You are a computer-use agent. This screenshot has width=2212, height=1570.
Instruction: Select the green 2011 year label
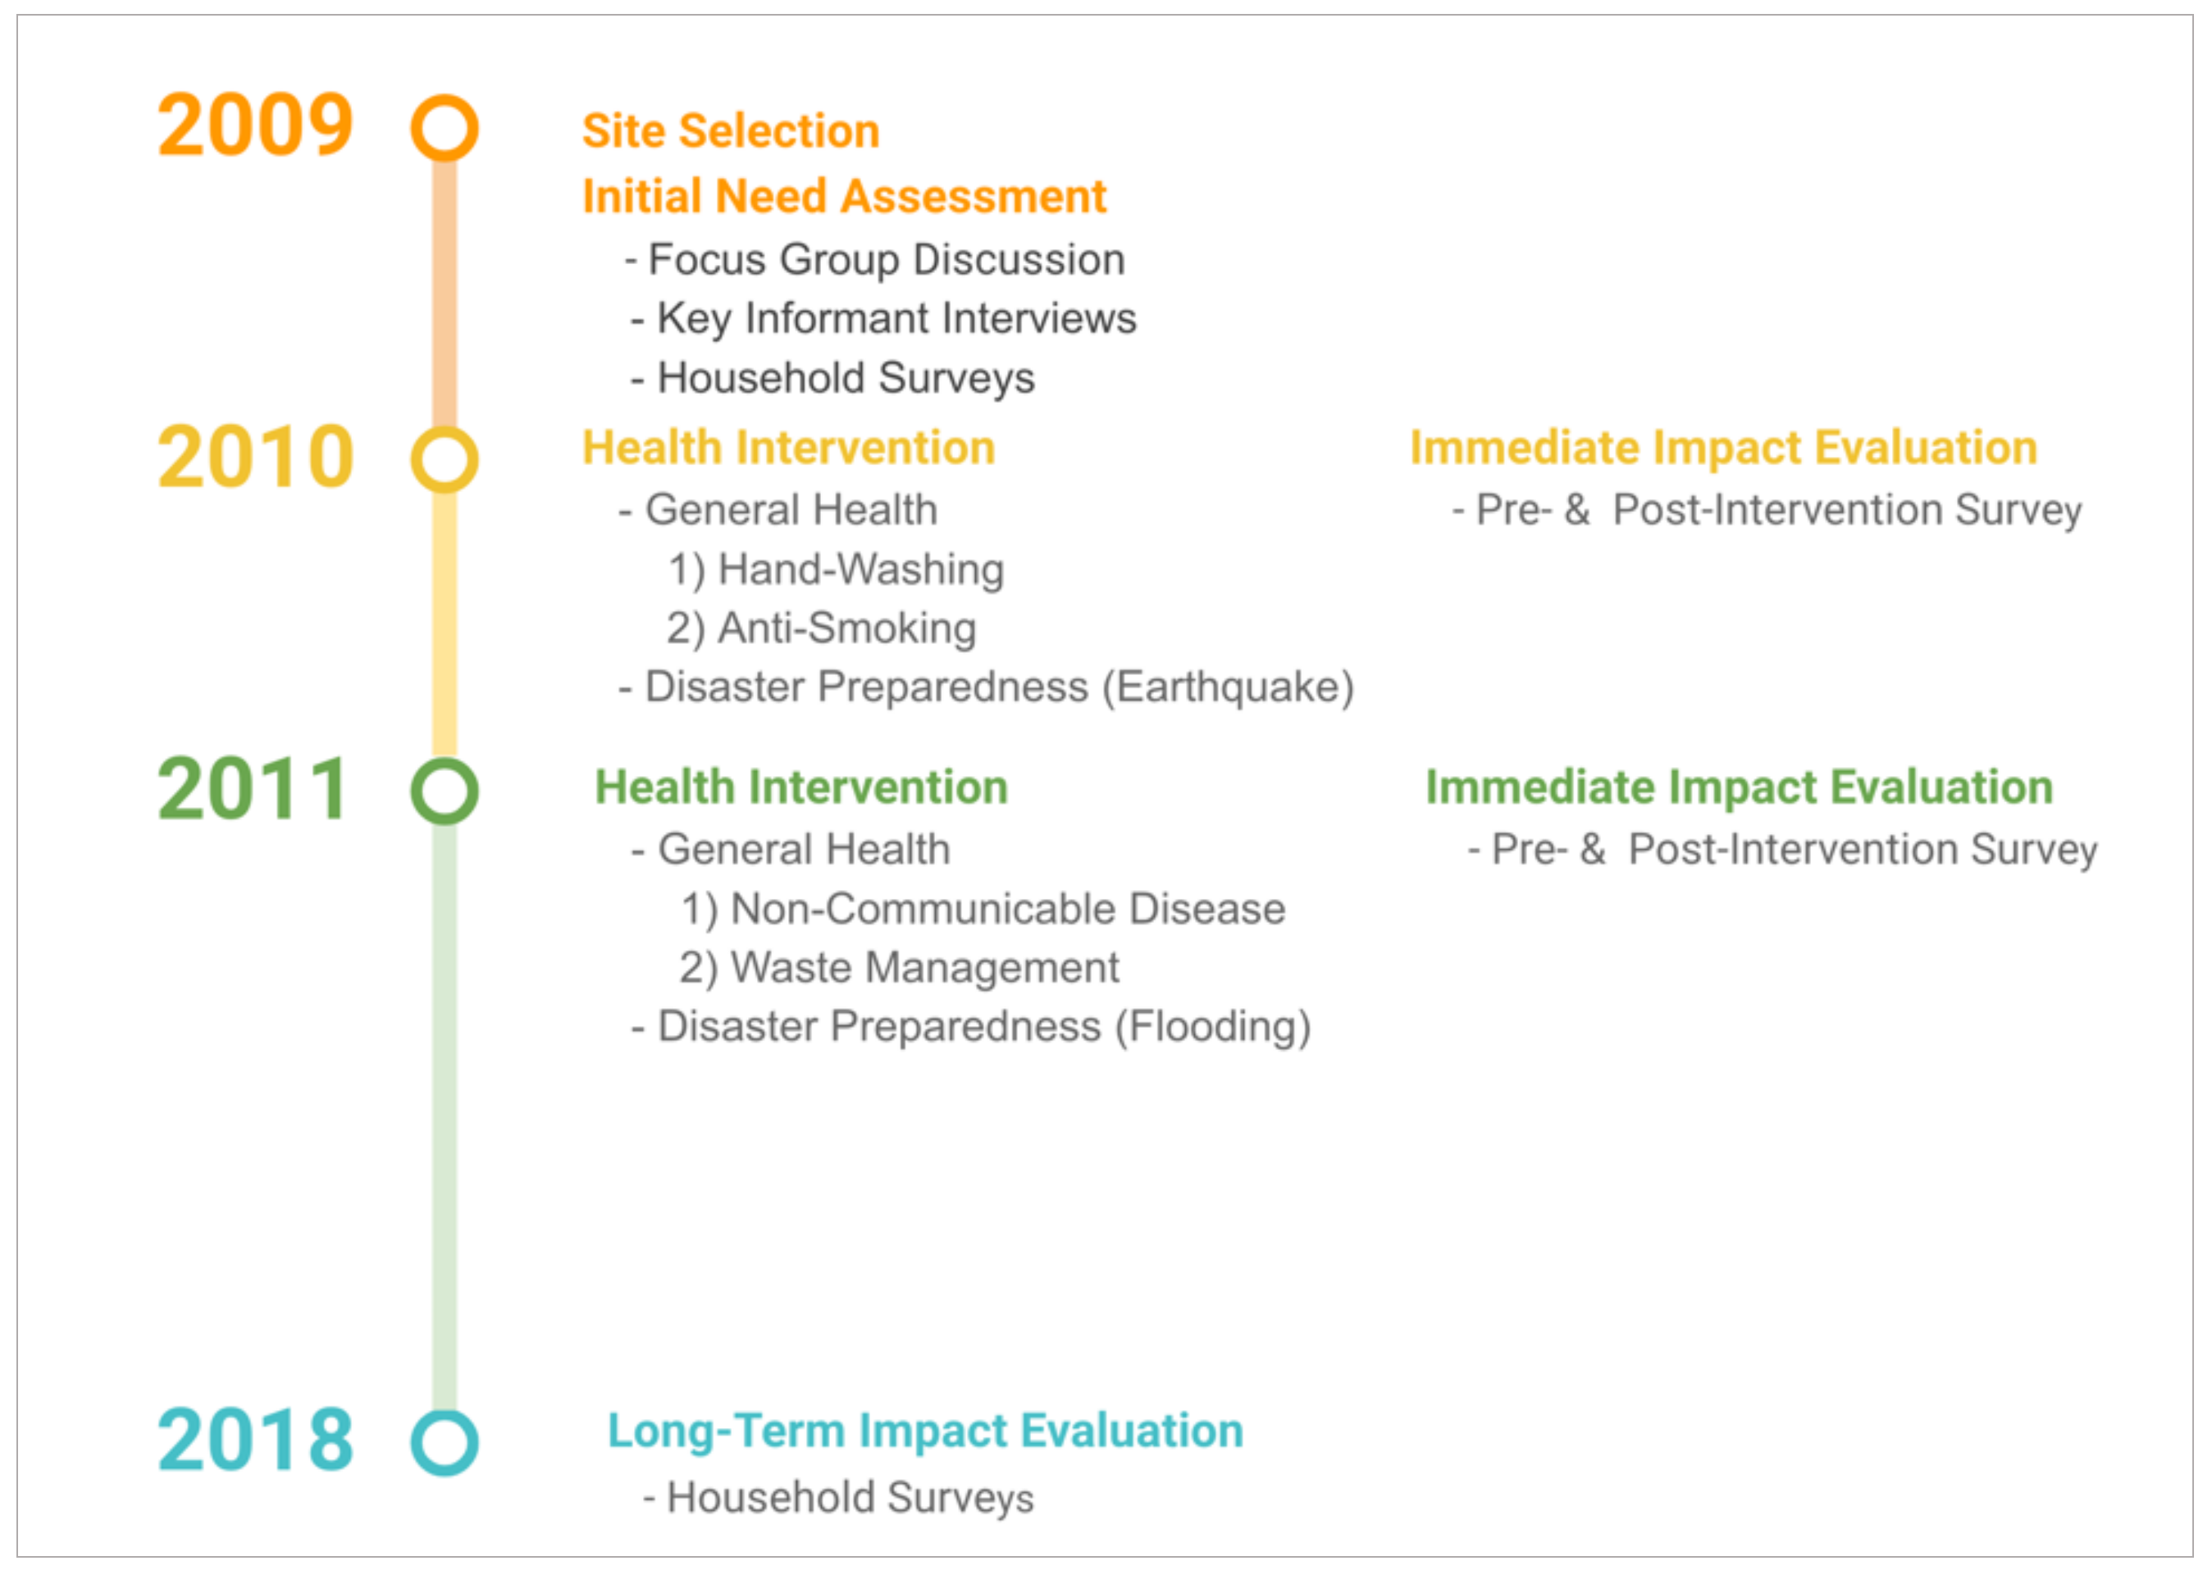click(253, 789)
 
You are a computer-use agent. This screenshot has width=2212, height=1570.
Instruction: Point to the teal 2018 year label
click(255, 1440)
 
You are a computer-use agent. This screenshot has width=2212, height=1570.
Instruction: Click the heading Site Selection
click(731, 131)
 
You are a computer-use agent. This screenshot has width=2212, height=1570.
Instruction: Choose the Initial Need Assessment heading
click(844, 196)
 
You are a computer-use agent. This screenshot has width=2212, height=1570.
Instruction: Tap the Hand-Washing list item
click(837, 569)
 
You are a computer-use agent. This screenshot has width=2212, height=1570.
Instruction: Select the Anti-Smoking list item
click(822, 628)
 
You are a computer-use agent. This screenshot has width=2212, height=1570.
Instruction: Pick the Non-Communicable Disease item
click(983, 909)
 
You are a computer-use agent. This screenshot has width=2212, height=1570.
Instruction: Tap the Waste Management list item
click(899, 968)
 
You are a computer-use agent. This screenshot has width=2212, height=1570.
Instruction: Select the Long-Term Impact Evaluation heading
click(926, 1431)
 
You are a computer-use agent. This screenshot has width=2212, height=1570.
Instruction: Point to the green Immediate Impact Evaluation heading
click(1740, 787)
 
